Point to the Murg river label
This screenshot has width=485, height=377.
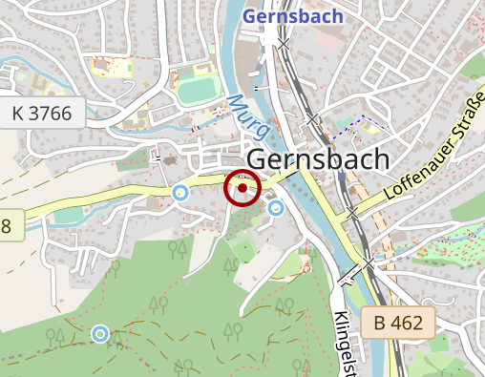242,115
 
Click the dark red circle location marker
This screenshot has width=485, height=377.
242,189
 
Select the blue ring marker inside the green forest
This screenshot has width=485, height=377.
100,333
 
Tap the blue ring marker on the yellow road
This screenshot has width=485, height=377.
179,193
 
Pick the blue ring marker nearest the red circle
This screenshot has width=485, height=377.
276,207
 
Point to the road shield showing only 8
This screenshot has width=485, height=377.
8,226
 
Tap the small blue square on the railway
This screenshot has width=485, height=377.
341,177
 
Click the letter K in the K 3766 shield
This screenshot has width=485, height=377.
18,115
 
